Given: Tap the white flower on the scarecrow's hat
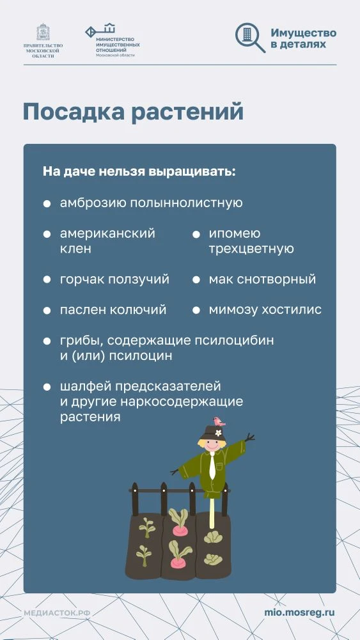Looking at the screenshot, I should click(x=217, y=433).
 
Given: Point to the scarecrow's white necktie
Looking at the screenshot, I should click(x=212, y=467).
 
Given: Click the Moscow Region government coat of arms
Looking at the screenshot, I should click(x=43, y=33).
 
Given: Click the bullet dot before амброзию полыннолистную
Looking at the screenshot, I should click(x=47, y=203).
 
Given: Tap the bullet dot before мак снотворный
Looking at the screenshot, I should click(x=196, y=279).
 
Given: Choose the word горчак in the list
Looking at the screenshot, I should click(x=81, y=279).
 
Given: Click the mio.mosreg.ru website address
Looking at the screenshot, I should click(x=299, y=612).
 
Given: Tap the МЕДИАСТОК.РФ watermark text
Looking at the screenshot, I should click(x=57, y=613).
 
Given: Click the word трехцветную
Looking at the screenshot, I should click(x=251, y=249).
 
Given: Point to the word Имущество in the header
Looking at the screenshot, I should click(x=303, y=33).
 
